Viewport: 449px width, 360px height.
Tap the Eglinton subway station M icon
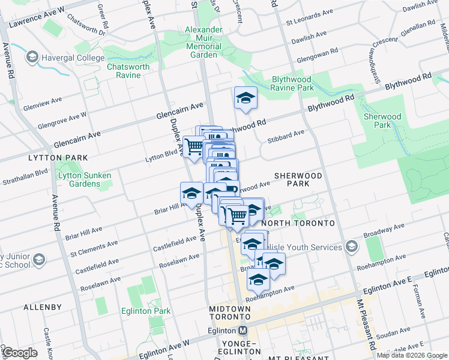243,330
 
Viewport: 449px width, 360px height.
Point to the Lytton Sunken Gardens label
79,179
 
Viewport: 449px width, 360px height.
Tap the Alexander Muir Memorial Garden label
204,42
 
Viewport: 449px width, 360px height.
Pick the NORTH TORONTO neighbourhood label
303,223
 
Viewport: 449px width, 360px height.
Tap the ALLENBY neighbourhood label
43,307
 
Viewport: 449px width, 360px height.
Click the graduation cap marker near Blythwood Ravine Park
245,98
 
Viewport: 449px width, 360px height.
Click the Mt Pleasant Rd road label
366,324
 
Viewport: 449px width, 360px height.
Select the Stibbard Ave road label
289,135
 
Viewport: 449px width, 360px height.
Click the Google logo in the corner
20,353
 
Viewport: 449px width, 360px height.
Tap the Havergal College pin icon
32,57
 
